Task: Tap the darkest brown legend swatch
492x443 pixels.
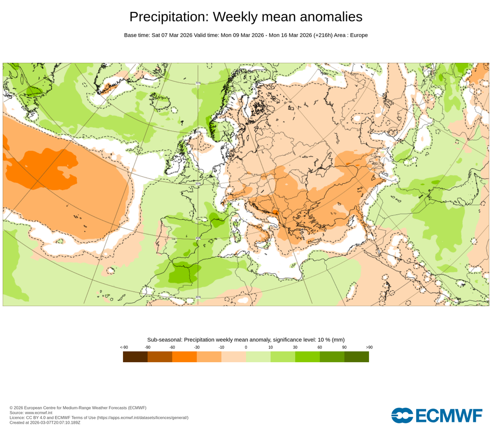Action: pos(135,357)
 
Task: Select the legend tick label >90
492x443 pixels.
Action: pos(369,347)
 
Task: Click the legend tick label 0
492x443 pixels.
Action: pos(246,347)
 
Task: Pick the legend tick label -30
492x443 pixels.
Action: pos(197,347)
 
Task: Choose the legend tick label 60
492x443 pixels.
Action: pos(320,347)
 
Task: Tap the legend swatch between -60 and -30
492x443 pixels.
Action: pos(184,357)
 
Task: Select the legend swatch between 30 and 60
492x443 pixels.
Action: pos(307,357)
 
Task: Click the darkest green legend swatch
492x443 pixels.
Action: pos(357,357)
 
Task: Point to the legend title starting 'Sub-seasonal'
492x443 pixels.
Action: pos(246,340)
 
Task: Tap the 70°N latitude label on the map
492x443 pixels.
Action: pos(198,83)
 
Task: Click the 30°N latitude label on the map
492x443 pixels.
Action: pos(198,297)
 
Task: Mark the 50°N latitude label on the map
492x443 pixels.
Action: pos(198,183)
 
